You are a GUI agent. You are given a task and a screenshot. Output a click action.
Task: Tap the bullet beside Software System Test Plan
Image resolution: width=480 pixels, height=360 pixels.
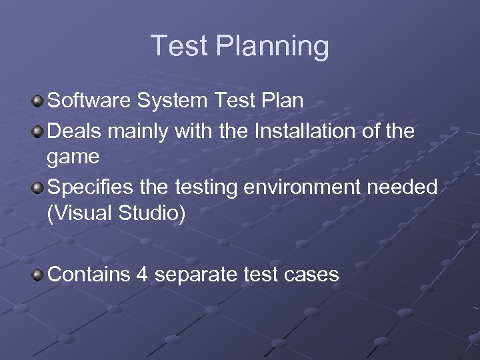point(39,101)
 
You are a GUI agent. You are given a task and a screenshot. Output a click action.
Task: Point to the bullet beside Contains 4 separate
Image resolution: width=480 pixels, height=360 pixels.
point(39,274)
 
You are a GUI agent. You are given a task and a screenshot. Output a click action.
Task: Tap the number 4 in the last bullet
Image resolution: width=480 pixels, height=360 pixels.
point(141,274)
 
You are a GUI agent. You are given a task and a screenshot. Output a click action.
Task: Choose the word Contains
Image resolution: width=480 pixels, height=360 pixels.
point(89,274)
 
